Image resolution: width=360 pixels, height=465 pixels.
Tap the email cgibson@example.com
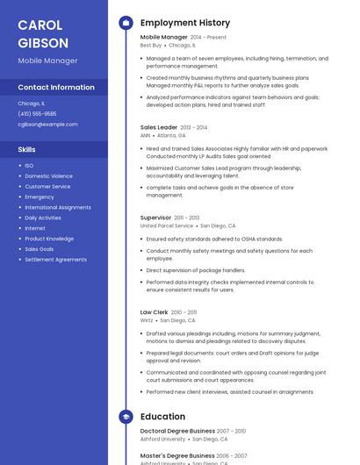[47, 125]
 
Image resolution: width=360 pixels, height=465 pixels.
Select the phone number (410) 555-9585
[37, 114]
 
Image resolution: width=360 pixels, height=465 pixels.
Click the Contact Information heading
[56, 88]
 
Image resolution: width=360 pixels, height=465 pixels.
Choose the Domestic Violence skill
[48, 176]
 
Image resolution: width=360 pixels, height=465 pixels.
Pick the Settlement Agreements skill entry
[55, 260]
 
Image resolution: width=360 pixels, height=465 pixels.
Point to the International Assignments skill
[58, 207]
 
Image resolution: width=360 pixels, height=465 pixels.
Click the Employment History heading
[185, 23]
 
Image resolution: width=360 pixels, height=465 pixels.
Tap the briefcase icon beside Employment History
[125, 23]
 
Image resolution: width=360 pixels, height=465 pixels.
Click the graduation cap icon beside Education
[125, 417]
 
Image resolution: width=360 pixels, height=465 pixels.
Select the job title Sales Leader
[159, 127]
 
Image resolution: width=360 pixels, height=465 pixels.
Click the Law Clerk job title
[154, 312]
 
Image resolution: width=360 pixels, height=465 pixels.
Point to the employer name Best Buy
[150, 46]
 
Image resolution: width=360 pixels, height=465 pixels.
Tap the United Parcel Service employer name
[167, 225]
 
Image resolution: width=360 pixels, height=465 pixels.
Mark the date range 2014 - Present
[208, 38]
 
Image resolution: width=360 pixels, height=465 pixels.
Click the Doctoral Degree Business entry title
[177, 431]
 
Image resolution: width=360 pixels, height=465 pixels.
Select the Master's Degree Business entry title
[177, 456]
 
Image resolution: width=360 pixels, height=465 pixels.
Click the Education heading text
[162, 417]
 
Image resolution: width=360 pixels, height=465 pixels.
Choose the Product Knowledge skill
[49, 239]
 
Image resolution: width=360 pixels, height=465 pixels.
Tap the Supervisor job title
[155, 218]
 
